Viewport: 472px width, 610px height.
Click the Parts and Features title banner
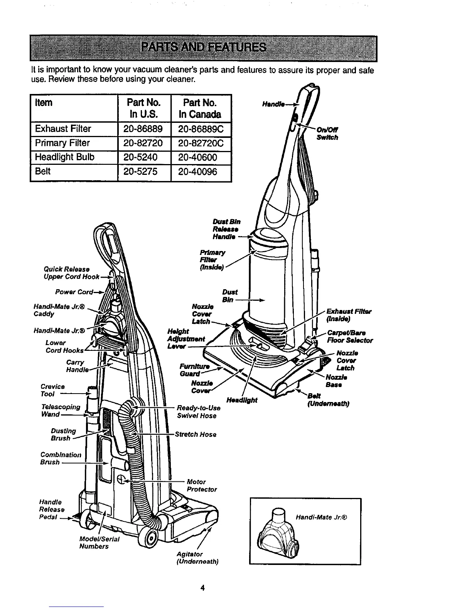click(203, 48)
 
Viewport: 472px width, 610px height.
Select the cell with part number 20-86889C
click(201, 129)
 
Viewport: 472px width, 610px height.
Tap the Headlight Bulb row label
click(65, 157)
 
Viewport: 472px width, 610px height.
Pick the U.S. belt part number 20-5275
click(141, 172)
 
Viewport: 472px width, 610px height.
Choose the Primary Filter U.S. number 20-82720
click(143, 143)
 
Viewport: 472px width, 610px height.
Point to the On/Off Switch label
click(327, 134)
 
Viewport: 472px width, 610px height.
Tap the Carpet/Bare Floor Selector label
click(349, 336)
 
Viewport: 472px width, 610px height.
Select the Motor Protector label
click(202, 486)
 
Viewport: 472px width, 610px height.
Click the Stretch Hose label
click(196, 434)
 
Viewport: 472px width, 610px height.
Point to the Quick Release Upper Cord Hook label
click(72, 273)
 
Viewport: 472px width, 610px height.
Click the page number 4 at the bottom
click(202, 588)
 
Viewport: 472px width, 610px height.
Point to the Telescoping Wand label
click(61, 411)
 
